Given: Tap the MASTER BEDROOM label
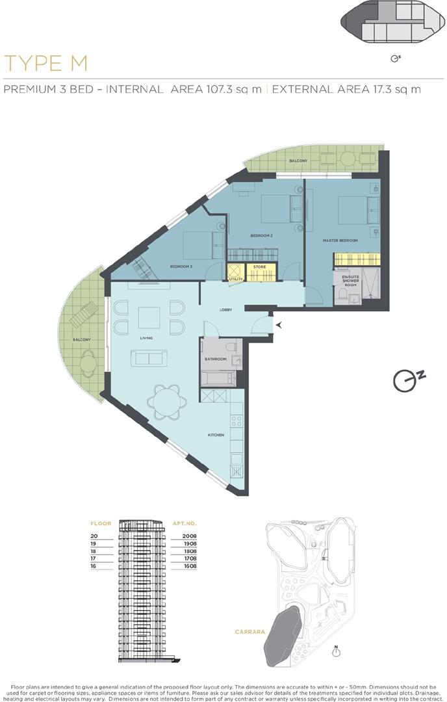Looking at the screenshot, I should pos(340,240).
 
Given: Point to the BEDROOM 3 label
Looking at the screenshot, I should pos(182,266).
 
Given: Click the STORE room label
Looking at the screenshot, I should pos(260,266).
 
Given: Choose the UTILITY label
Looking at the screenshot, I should pos(235,279).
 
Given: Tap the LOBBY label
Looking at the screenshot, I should pos(225,310).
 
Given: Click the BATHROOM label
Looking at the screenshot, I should pos(216,359).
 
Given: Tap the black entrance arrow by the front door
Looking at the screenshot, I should pos(278,324).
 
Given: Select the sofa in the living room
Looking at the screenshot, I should pos(149,357).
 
